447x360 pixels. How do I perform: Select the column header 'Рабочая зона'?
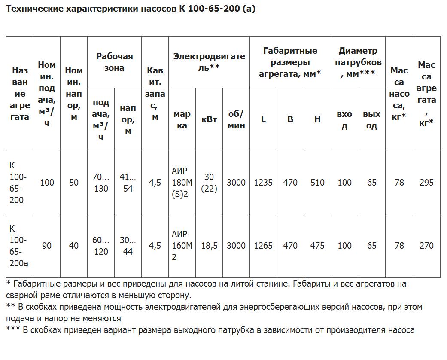(x=115, y=62)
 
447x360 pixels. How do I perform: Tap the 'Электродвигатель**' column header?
(x=209, y=62)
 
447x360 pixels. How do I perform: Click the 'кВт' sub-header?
(x=209, y=120)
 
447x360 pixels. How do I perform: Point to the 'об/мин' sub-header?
(x=236, y=120)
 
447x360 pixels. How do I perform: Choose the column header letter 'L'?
(x=263, y=120)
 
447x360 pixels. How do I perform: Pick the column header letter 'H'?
(x=317, y=120)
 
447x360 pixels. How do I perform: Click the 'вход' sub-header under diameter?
(x=344, y=120)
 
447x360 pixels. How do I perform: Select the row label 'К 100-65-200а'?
(x=18, y=246)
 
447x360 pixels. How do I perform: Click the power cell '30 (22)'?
(x=209, y=183)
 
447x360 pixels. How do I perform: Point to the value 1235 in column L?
(x=263, y=183)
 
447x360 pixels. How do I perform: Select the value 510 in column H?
(x=317, y=183)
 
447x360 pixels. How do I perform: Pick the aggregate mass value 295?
(x=426, y=183)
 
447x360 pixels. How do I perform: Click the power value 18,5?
(x=209, y=246)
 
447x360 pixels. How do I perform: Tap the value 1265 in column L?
(x=263, y=246)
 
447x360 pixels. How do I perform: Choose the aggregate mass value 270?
(x=426, y=246)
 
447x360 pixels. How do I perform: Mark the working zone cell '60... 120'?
(x=101, y=246)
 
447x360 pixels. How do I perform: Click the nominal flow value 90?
(x=47, y=246)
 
